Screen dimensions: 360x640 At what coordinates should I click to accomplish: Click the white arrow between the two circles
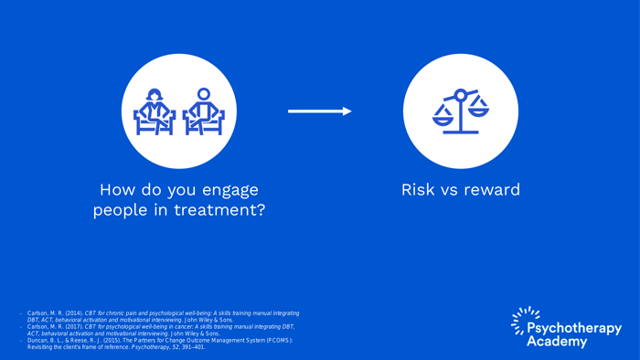tap(319, 111)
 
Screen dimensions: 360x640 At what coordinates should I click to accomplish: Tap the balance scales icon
tap(461, 111)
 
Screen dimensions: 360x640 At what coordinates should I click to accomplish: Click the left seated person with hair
tap(155, 111)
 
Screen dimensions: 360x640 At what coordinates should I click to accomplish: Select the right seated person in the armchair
tap(203, 111)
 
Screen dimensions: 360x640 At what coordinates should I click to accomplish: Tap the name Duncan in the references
tap(39, 341)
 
